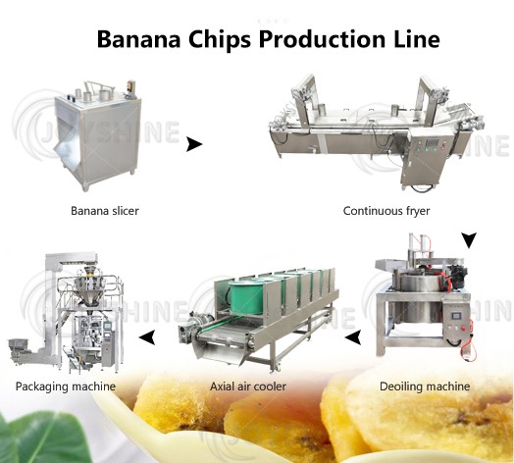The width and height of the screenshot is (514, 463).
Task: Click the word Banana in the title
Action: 138,39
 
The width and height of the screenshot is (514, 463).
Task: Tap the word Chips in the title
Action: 220,40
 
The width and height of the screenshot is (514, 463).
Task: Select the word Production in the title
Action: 322,39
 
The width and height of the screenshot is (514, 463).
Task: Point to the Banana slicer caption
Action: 105,211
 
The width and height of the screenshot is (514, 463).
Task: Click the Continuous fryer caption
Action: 386,211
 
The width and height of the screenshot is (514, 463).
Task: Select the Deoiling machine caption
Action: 425,386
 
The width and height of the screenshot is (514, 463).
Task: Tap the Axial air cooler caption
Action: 248,386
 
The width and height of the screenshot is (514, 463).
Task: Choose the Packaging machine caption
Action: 66,386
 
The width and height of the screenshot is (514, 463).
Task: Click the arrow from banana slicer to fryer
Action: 194,144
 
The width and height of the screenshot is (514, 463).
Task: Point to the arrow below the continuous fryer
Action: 469,240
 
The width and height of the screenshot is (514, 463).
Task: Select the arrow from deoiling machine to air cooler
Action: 353,337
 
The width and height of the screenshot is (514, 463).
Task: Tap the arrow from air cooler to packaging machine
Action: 147,337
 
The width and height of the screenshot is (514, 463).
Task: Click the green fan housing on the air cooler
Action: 245,297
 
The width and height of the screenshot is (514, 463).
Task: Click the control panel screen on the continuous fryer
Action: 432,143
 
